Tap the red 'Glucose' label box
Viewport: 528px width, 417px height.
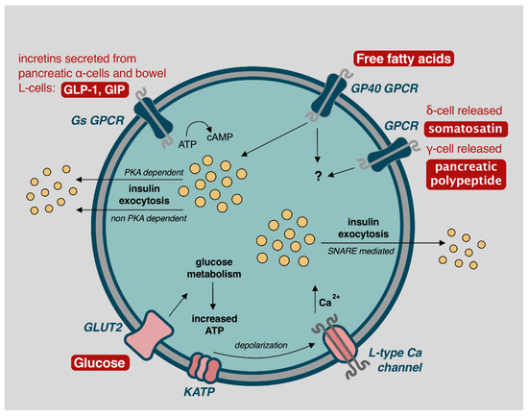tap(101, 363)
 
